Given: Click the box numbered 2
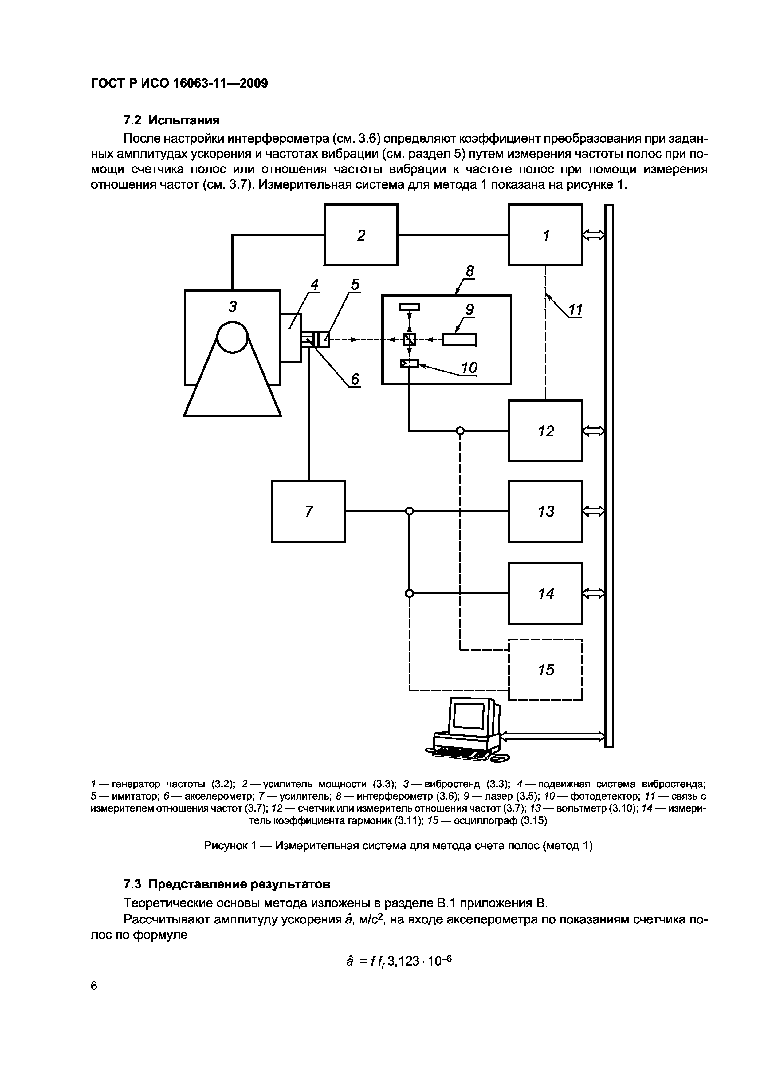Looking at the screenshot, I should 361,235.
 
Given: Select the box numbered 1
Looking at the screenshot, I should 545,235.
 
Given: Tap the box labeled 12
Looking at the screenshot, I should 545,431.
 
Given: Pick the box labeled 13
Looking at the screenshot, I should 545,511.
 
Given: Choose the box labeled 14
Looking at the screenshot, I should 545,593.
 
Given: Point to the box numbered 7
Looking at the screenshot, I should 308,511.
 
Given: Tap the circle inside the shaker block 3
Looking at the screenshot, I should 232,336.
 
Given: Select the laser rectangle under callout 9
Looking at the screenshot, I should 459,339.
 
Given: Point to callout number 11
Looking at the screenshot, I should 575,309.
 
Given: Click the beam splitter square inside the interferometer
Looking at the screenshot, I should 409,339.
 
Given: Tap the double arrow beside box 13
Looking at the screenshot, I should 593,511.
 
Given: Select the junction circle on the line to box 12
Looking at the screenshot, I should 460,431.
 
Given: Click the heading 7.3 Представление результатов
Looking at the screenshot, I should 227,884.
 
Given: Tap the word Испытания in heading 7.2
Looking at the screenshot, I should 184,120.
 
